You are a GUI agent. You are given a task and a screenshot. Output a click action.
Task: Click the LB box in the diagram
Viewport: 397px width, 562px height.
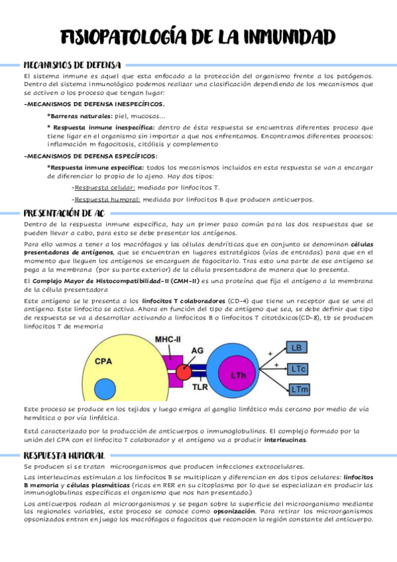(297, 348)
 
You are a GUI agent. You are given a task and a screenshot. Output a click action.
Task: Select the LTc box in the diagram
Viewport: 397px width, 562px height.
(298, 368)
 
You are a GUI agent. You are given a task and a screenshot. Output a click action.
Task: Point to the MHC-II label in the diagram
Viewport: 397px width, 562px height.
(168, 339)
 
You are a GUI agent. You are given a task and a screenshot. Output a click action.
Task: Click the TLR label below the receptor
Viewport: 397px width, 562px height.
(200, 384)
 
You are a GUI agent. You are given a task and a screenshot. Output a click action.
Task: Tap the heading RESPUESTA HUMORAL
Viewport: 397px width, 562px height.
(64, 455)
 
